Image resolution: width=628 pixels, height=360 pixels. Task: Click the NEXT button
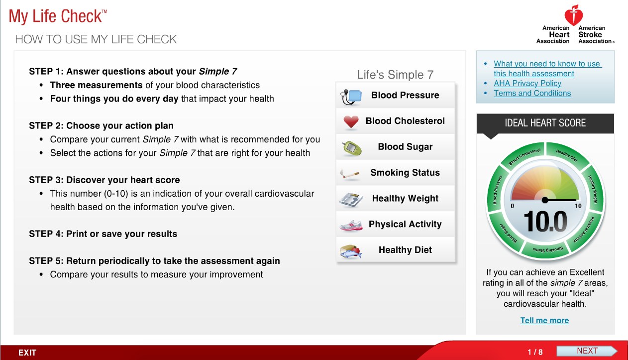(x=587, y=351)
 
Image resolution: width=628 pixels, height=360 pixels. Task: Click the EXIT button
(x=27, y=353)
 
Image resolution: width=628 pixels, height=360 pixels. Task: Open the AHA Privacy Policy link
(x=527, y=83)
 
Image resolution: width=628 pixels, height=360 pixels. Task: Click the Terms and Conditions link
(x=532, y=93)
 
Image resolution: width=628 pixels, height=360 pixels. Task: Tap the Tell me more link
(x=544, y=320)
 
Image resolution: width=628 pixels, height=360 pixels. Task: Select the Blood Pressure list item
(x=405, y=95)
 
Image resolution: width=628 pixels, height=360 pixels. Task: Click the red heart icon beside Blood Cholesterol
(x=351, y=121)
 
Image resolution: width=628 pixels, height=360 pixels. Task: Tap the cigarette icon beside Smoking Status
(x=350, y=173)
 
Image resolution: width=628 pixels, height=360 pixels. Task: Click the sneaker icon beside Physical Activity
(x=351, y=225)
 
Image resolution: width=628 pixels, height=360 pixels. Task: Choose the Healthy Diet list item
(x=405, y=250)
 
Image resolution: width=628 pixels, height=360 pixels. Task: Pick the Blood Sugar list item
(x=405, y=147)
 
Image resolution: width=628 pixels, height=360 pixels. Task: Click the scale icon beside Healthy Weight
(x=351, y=199)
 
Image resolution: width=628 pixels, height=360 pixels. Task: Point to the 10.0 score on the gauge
(x=545, y=222)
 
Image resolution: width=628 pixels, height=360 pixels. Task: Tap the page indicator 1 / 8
(x=535, y=352)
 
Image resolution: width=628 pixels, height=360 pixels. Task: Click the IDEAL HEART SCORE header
(x=545, y=123)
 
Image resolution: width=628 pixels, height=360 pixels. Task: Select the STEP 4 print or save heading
(x=103, y=234)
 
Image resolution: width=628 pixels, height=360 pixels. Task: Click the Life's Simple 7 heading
(x=395, y=75)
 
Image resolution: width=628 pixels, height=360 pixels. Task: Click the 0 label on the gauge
(x=513, y=206)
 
